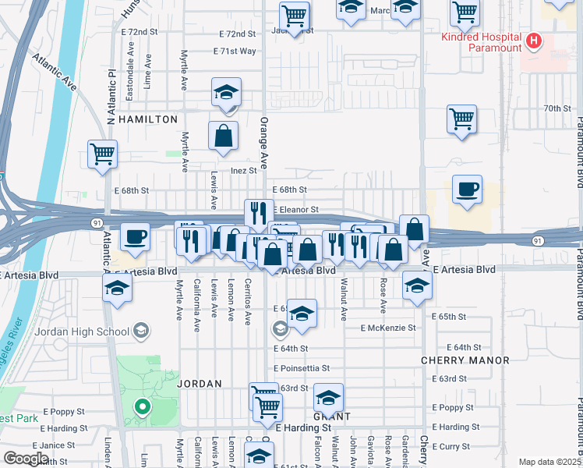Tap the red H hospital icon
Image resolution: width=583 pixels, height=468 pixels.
534,41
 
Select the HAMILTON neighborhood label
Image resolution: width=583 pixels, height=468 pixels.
147,119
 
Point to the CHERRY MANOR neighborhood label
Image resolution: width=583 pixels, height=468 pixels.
465,360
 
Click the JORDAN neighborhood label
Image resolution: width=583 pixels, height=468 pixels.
200,384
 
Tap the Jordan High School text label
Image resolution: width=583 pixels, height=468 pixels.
81,331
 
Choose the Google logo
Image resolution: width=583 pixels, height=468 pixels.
26,459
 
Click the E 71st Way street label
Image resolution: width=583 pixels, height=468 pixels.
235,51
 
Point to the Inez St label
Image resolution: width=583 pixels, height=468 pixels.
243,170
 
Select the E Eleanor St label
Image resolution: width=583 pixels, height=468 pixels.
296,209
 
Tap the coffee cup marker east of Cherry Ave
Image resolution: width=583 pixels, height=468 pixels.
467,190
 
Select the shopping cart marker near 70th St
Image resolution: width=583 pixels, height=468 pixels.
462,120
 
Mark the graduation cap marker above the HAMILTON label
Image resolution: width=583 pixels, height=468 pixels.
226,93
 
